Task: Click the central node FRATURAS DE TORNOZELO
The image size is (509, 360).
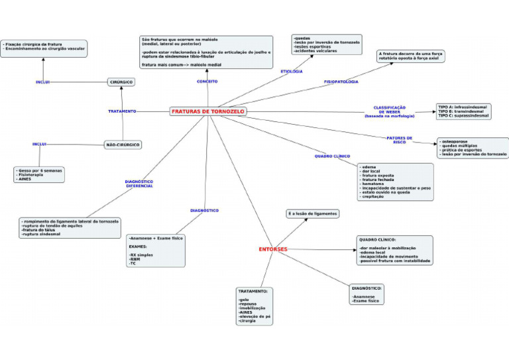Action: [208, 111]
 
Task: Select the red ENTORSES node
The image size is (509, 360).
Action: [273, 249]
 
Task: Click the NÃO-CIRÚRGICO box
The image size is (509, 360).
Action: [123, 145]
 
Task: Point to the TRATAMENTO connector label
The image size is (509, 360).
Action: [122, 111]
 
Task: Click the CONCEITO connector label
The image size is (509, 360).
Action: [207, 82]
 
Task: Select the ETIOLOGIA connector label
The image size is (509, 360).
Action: [292, 71]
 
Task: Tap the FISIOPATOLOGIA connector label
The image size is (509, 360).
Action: [341, 82]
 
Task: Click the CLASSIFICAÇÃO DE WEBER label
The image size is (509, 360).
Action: [390, 111]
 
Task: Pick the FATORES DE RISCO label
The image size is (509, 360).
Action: [399, 140]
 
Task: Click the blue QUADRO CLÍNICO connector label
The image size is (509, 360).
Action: [332, 156]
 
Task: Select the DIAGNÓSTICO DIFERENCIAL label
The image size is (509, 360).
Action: [139, 184]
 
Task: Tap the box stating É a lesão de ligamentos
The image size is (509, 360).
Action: [313, 213]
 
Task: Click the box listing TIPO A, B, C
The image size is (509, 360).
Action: [463, 111]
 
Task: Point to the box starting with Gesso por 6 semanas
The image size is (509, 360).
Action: [40, 174]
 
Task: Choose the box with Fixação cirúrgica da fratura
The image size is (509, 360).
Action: [44, 47]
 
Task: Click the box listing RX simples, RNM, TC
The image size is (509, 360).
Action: [156, 250]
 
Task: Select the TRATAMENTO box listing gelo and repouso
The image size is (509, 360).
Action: [254, 306]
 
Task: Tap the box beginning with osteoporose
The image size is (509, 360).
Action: [473, 148]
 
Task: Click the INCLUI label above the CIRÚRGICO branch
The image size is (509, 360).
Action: [43, 82]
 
